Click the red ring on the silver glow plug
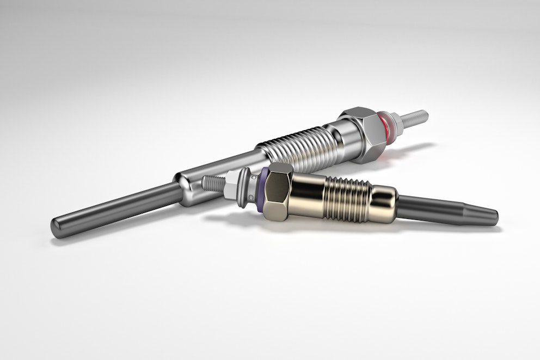click(x=388, y=127)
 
